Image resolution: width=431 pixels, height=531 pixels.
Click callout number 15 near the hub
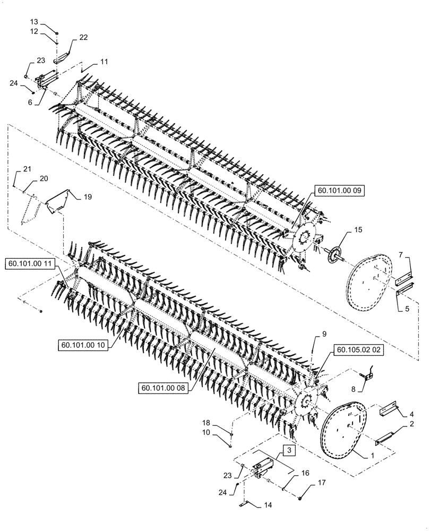[x=358, y=230]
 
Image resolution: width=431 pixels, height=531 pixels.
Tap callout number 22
[x=83, y=37]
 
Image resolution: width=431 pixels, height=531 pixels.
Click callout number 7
[x=401, y=256]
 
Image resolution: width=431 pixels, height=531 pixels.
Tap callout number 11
[x=104, y=62]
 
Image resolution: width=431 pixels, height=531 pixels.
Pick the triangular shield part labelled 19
[x=57, y=201]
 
